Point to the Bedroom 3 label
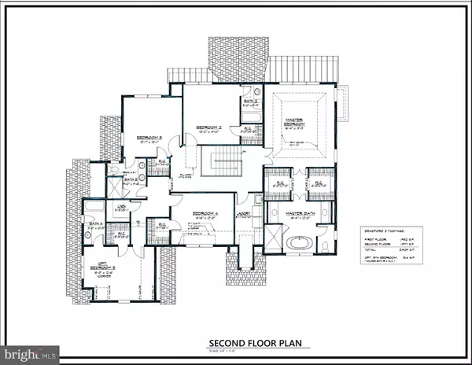(x=149, y=139)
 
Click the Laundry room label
(x=244, y=214)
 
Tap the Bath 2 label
(x=250, y=102)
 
